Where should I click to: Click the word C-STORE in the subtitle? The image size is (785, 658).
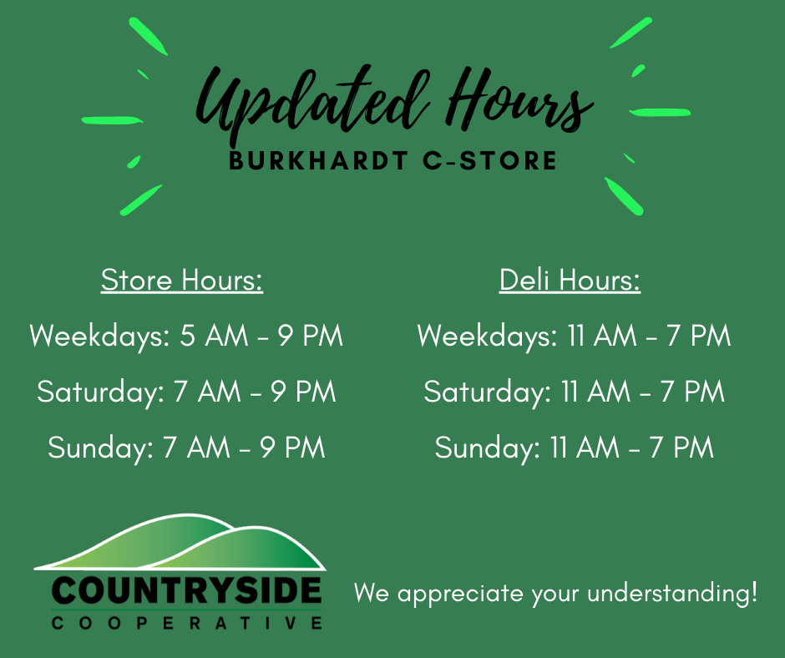point(489,161)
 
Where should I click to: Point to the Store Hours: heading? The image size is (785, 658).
point(182,280)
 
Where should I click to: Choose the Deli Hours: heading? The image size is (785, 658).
point(570,280)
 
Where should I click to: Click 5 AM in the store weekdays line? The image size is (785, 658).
point(214,336)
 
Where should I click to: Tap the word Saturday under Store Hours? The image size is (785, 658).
point(100,392)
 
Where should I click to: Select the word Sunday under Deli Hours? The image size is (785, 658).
point(487,448)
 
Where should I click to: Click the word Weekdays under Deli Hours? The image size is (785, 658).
point(487,336)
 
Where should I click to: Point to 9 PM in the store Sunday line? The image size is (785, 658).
point(292,448)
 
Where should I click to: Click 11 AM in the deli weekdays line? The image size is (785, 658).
point(601,336)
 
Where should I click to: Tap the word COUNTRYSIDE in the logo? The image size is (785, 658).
point(186,590)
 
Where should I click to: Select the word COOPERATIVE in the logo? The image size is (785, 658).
point(186,623)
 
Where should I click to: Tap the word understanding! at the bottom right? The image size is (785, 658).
point(672,594)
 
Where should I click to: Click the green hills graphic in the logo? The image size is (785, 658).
point(180,543)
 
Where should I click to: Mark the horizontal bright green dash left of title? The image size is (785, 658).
point(112,120)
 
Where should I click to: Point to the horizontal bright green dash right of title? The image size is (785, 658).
point(660,112)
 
